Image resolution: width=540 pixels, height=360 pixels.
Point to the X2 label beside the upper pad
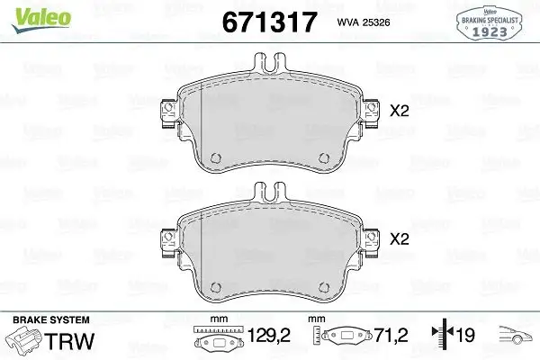(x=399, y=112)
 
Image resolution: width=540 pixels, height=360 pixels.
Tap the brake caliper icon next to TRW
(x=25, y=342)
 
